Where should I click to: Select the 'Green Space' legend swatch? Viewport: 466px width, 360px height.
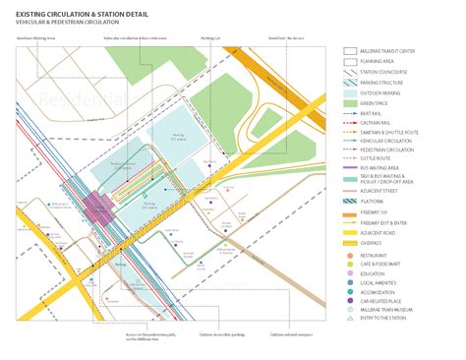[x=349, y=102]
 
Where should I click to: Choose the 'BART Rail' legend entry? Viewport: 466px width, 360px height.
[x=379, y=113]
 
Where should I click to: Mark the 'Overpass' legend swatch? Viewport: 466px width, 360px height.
[x=349, y=242]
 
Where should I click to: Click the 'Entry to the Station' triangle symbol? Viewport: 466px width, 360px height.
[x=349, y=318]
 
